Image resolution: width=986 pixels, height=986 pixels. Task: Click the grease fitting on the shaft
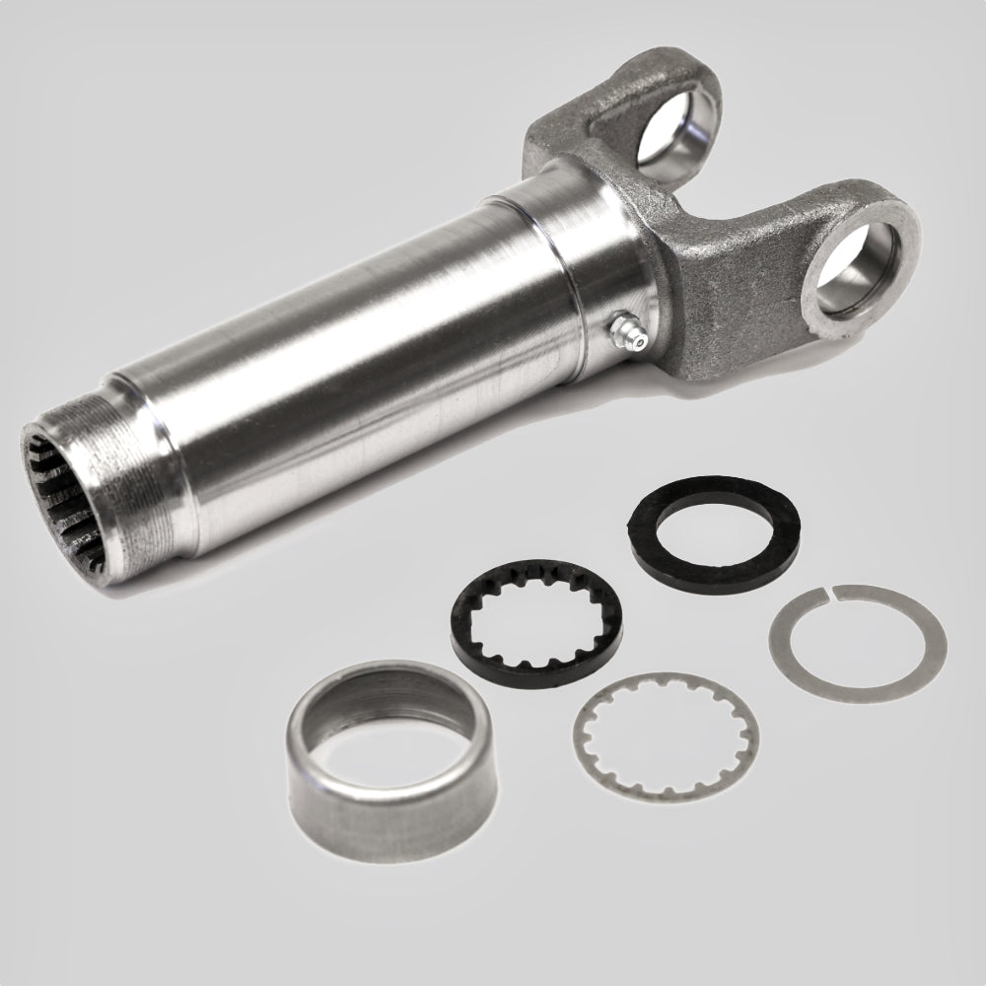coord(623,328)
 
